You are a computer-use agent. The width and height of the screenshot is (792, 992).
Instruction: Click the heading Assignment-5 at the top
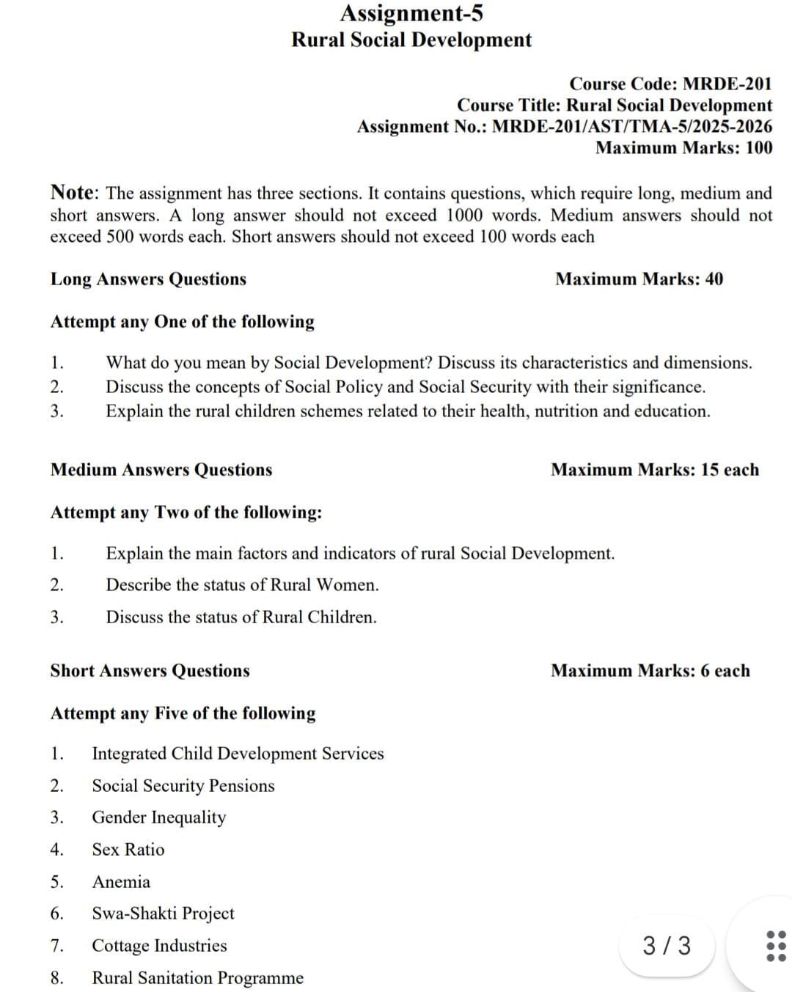[x=411, y=13]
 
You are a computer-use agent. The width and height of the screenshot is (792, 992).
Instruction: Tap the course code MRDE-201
[x=727, y=84]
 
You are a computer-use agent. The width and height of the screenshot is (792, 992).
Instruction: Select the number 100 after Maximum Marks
[x=759, y=148]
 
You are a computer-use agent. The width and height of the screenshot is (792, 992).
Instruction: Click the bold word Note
[x=73, y=193]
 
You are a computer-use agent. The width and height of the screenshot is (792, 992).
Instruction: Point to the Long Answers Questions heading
[x=148, y=279]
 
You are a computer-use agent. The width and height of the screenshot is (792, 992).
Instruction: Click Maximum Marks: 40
[x=639, y=279]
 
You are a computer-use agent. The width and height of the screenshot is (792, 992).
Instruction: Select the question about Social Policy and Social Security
[x=405, y=387]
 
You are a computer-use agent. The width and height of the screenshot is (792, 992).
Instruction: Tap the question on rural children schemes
[x=408, y=411]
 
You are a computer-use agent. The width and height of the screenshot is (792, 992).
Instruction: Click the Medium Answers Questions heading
[x=161, y=470]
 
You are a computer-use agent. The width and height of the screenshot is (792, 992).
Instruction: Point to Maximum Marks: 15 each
[x=655, y=470]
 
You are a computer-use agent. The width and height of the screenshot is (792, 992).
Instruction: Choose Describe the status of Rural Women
[x=242, y=585]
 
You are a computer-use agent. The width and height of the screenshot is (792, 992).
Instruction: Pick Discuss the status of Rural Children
[x=241, y=617]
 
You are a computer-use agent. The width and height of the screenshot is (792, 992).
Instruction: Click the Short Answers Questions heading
[x=150, y=671]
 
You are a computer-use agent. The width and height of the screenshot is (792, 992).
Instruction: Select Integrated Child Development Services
[x=238, y=754]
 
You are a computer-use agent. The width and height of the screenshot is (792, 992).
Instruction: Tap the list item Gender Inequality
[x=158, y=818]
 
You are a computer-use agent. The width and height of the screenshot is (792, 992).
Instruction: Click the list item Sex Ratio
[x=128, y=850]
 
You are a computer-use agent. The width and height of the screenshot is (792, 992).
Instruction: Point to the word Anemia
[x=121, y=882]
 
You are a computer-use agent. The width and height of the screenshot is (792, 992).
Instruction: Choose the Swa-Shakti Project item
[x=163, y=914]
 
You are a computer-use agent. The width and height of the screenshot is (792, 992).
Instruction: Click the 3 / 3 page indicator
[x=667, y=946]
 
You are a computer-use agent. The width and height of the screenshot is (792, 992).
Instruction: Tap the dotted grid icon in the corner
[x=775, y=947]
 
